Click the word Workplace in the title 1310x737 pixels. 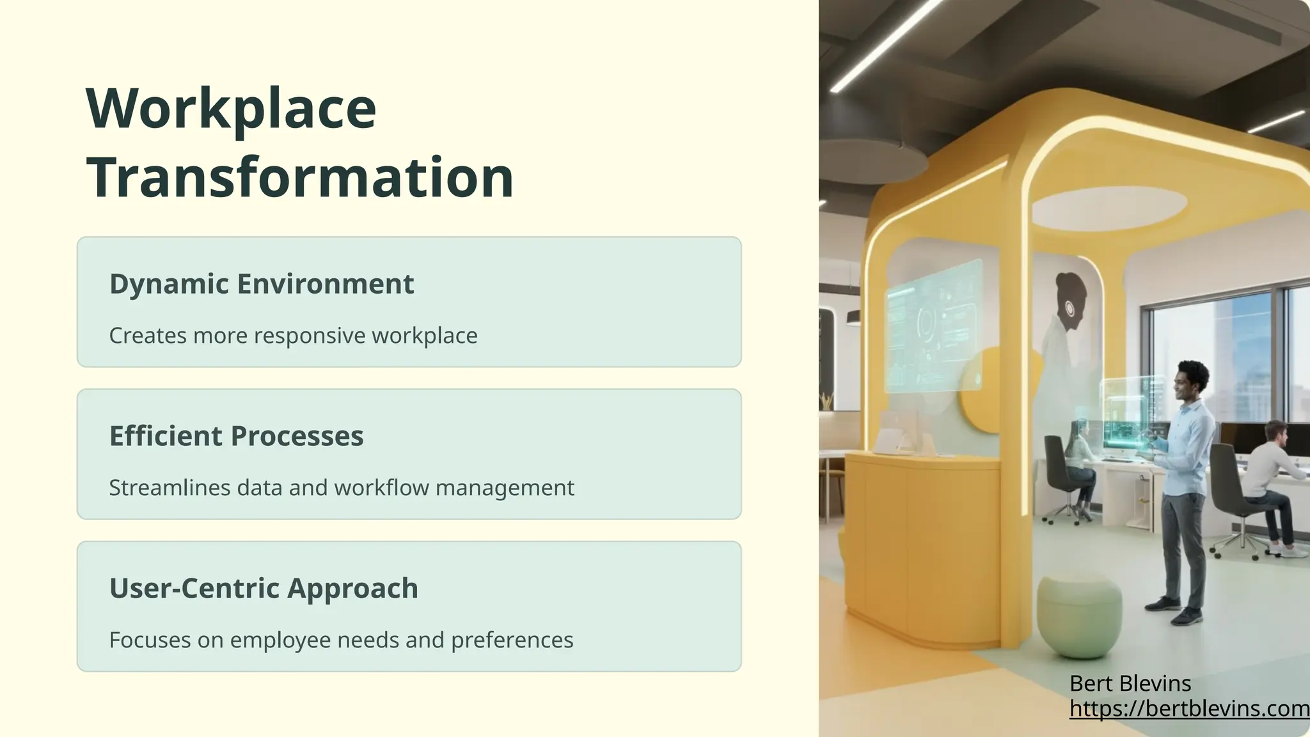pyautogui.click(x=231, y=109)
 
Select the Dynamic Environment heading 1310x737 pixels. pyautogui.click(x=262, y=284)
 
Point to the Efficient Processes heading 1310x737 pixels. pyautogui.click(x=236, y=436)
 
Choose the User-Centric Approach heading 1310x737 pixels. pyautogui.click(x=264, y=589)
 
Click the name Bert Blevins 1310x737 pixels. pyautogui.click(x=1130, y=684)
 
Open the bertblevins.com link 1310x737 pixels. pyautogui.click(x=1189, y=709)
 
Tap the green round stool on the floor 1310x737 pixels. pyautogui.click(x=1079, y=615)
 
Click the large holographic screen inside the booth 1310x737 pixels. pyautogui.click(x=933, y=326)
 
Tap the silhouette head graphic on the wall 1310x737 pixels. pyautogui.click(x=1072, y=301)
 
